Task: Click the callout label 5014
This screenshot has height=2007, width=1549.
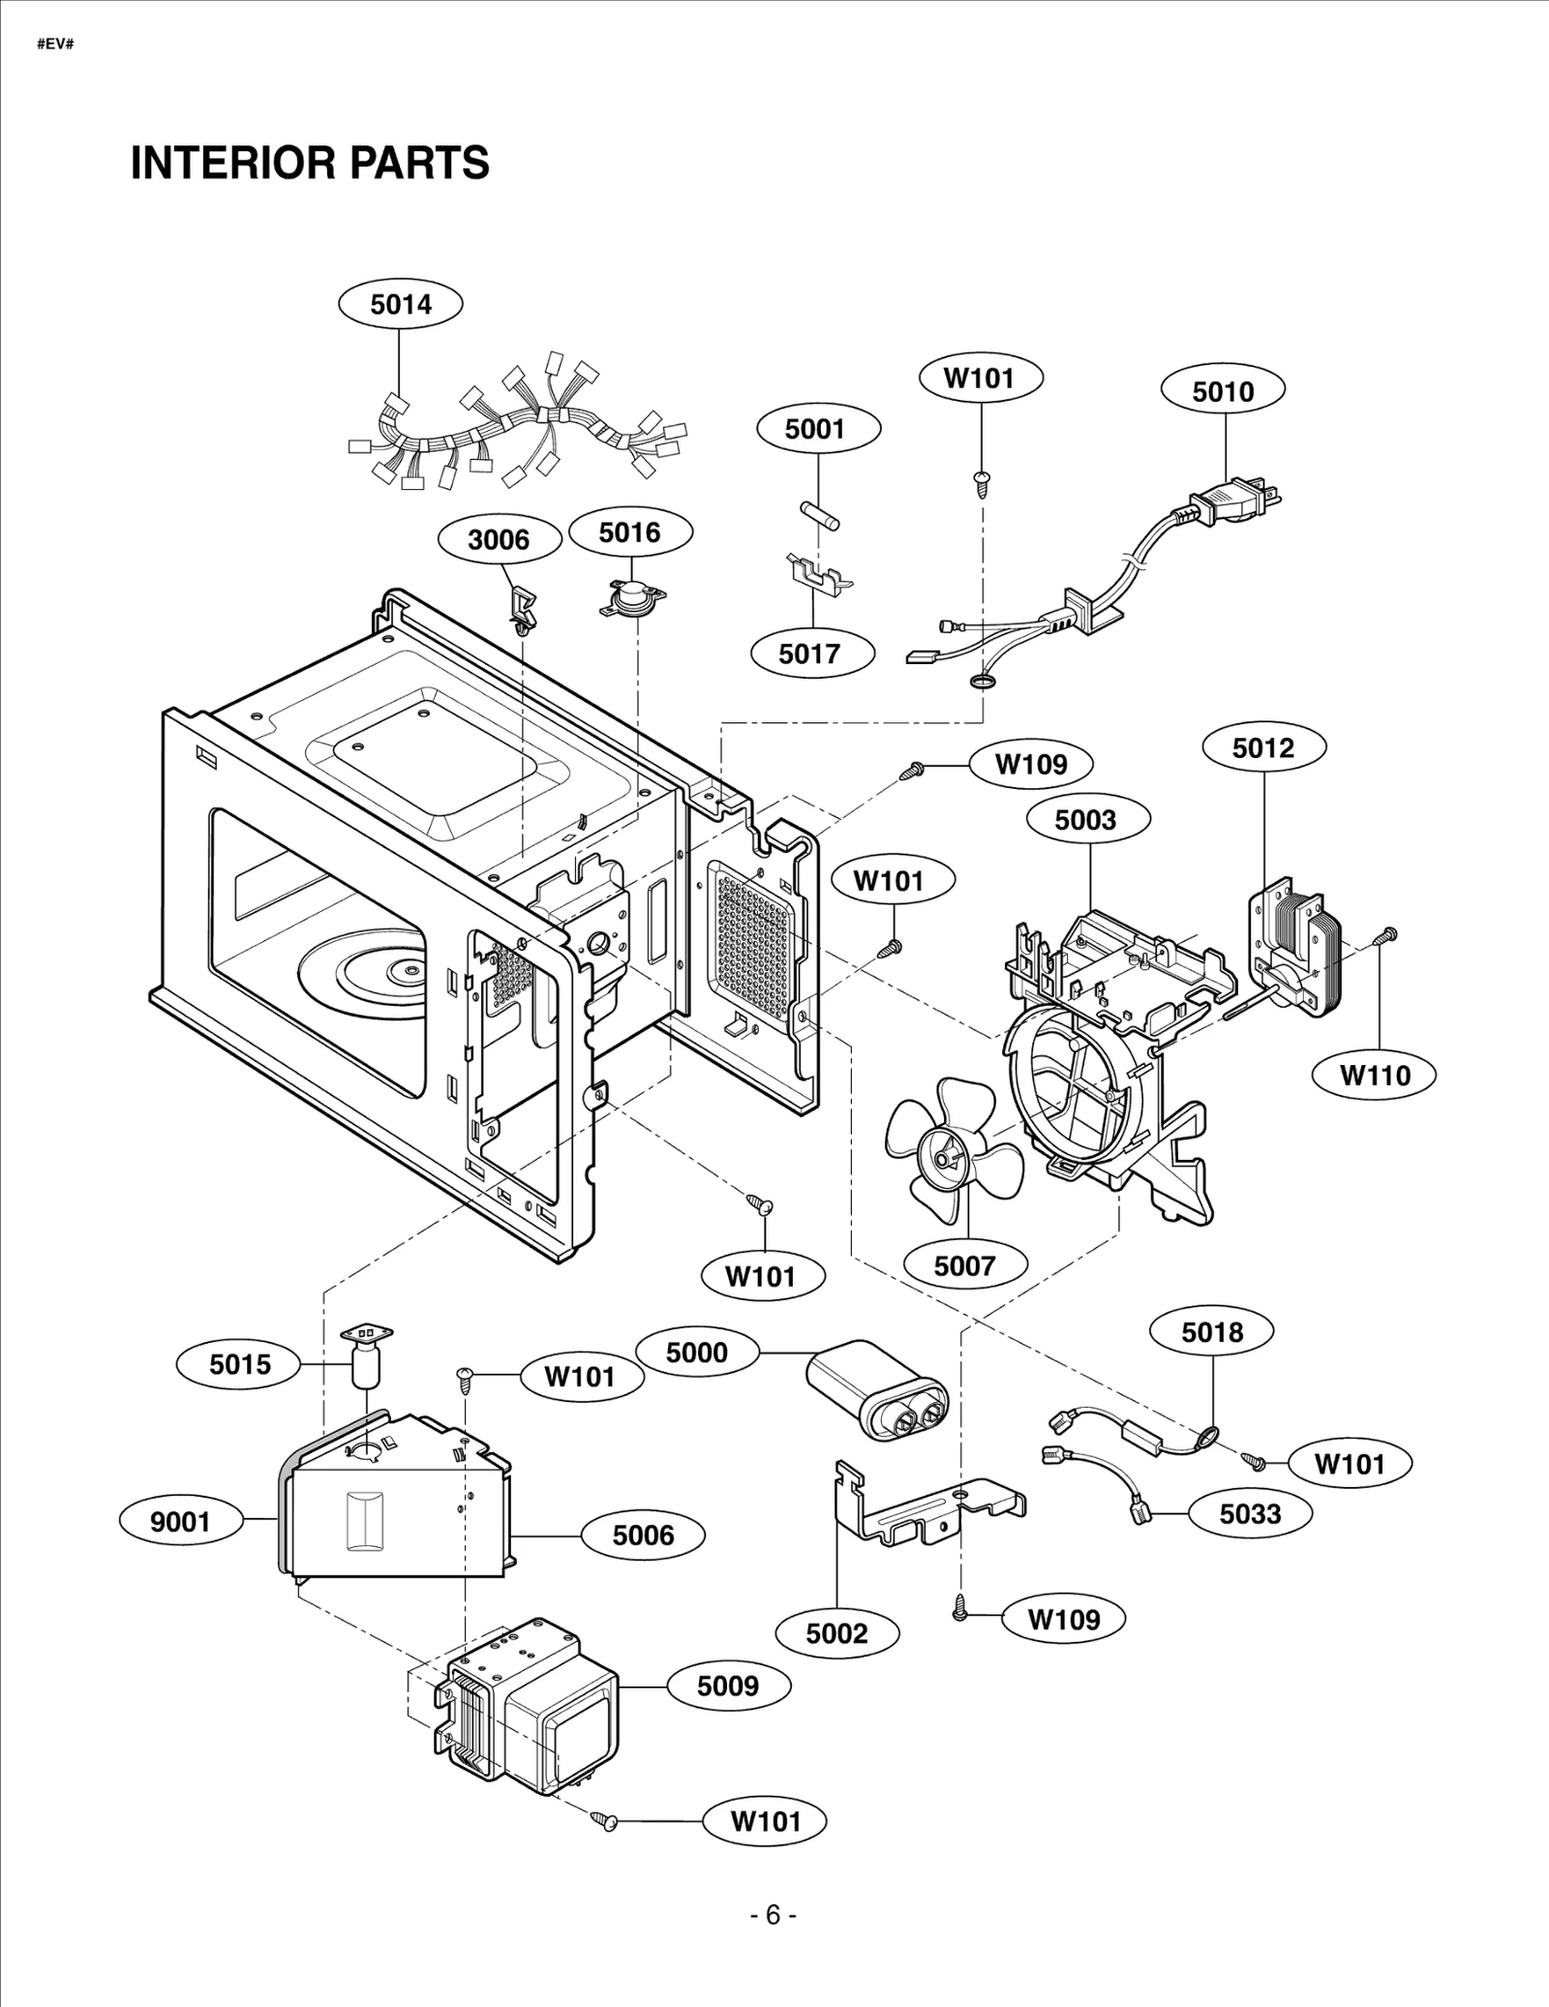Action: coord(400,305)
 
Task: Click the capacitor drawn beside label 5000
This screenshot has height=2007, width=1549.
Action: coord(877,1390)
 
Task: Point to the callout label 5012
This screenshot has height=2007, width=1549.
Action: coord(1263,747)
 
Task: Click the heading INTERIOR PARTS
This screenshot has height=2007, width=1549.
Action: coord(310,163)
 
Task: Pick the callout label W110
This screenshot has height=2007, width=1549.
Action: coord(1375,1075)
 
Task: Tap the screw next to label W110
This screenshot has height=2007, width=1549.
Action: coord(1386,935)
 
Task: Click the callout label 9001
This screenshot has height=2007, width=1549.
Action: coord(180,1522)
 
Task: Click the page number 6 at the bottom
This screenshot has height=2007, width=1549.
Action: coord(773,1916)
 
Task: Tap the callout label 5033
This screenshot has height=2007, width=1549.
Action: coord(1250,1513)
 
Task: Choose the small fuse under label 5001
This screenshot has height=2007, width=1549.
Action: coord(819,515)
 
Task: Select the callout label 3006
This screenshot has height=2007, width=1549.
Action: coord(499,539)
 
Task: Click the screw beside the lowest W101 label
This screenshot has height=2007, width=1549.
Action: coord(606,1821)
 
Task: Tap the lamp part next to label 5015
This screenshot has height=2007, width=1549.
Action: coord(366,1358)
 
